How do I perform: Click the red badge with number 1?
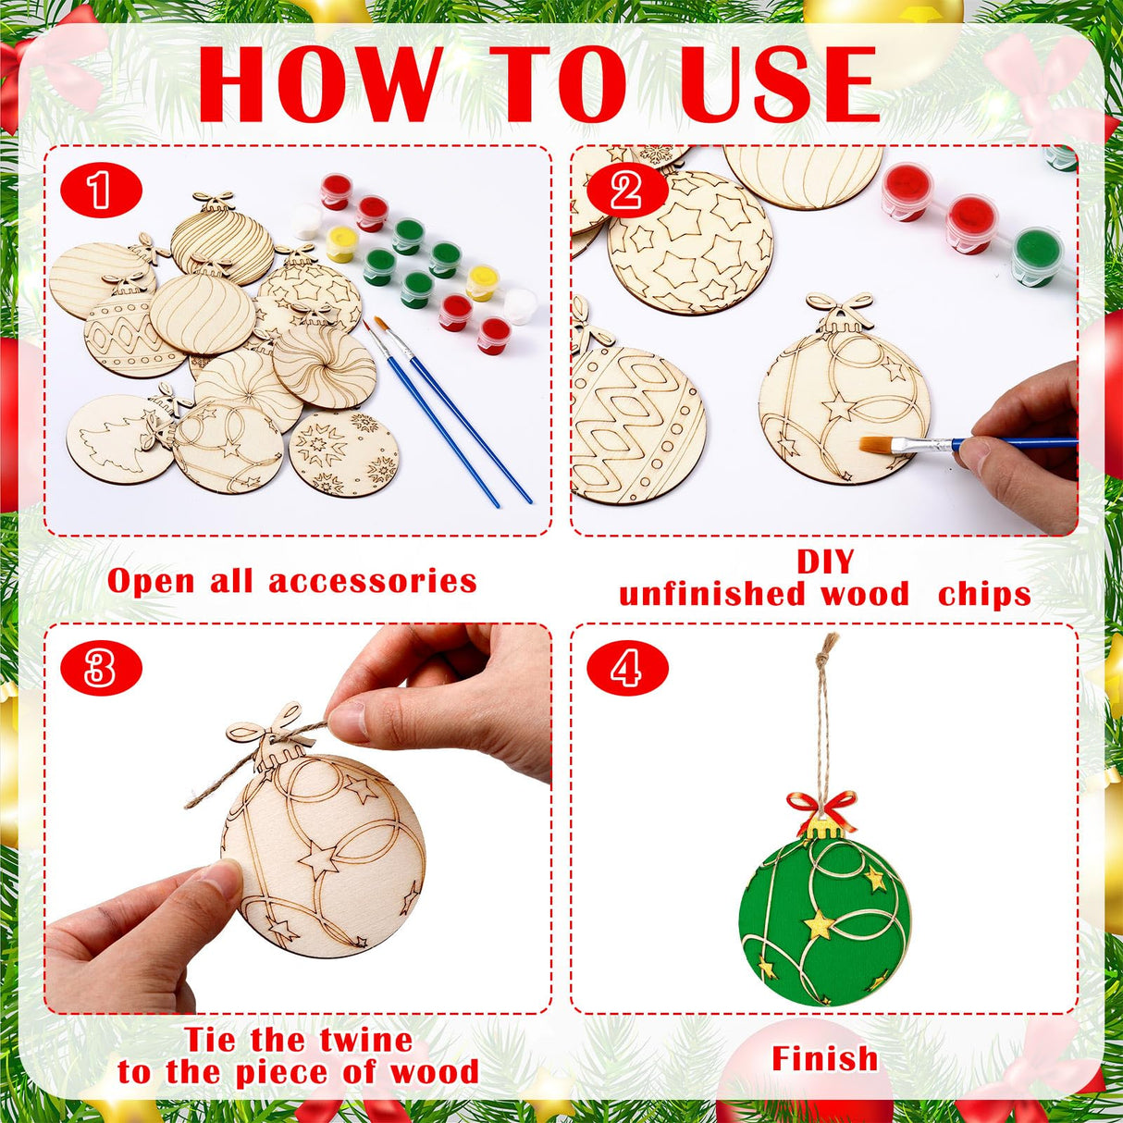pyautogui.click(x=101, y=191)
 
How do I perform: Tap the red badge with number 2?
pyautogui.click(x=626, y=191)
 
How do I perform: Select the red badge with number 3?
pyautogui.click(x=101, y=668)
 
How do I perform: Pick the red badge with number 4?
pyautogui.click(x=626, y=668)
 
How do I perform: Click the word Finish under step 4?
pyautogui.click(x=824, y=1058)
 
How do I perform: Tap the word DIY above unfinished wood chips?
pyautogui.click(x=825, y=562)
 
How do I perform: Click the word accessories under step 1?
pyautogui.click(x=373, y=581)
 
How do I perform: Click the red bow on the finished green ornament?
pyautogui.click(x=821, y=808)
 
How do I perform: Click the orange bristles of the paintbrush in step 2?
pyautogui.click(x=878, y=445)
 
